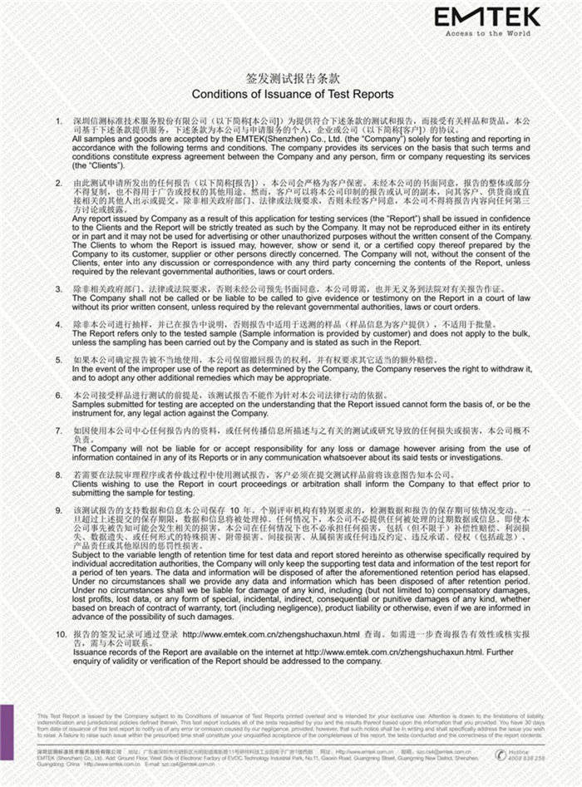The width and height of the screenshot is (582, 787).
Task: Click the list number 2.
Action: [x=59, y=181]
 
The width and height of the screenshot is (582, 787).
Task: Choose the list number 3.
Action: [x=59, y=289]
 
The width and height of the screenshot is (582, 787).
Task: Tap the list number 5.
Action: [x=59, y=360]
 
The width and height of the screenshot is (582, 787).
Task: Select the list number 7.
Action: [x=59, y=430]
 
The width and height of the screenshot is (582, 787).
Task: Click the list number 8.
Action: [x=59, y=475]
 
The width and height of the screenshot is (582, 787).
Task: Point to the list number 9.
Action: [x=59, y=506]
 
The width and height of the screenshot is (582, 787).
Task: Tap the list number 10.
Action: [x=59, y=634]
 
